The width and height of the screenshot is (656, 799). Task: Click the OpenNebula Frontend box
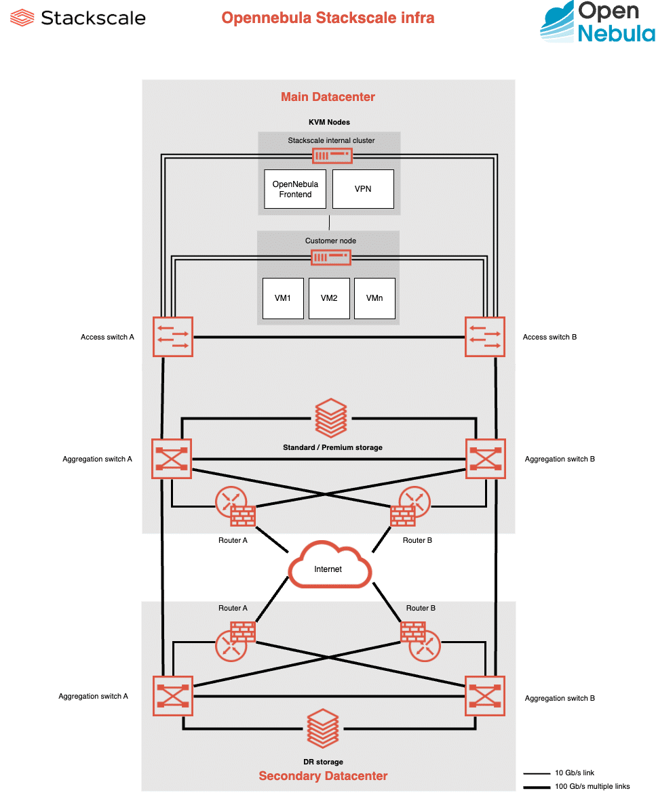[x=295, y=189]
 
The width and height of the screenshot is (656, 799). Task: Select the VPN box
[x=363, y=189]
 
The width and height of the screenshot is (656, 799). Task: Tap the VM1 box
[x=283, y=299]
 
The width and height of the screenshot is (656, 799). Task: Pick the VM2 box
[x=330, y=299]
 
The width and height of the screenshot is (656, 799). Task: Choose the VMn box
[x=375, y=299]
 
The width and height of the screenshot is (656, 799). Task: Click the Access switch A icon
[x=173, y=337]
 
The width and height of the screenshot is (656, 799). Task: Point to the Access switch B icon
[x=485, y=337]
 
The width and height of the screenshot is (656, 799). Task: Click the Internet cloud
[x=330, y=565]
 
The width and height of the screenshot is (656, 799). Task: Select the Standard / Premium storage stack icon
[x=331, y=418]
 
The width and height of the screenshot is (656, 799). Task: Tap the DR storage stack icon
[x=323, y=728]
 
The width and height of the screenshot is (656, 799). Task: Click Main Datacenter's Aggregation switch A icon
[x=172, y=459]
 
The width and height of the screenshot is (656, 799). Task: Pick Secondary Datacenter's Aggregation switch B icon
[x=485, y=696]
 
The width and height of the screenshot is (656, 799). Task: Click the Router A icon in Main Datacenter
[x=235, y=506]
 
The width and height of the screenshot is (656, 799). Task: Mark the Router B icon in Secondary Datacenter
[x=421, y=642]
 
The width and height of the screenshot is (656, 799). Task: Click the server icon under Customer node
[x=331, y=258]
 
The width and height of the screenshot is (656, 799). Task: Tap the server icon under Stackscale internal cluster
[x=332, y=155]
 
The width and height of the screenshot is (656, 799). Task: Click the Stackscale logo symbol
[x=22, y=18]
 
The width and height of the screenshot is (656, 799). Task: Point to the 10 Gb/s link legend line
[x=537, y=773]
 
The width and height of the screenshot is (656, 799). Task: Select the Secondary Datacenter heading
[x=323, y=776]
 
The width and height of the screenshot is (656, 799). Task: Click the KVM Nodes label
[x=329, y=122]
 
